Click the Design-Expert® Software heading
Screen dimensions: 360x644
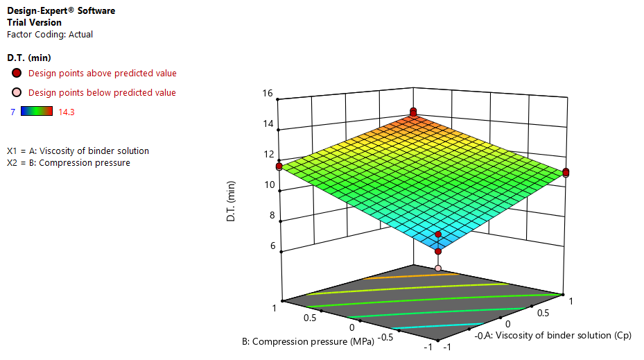click(61, 11)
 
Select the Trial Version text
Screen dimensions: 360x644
click(34, 22)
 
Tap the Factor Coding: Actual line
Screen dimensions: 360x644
click(49, 34)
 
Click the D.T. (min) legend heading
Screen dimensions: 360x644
click(28, 58)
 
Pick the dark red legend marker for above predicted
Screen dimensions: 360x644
click(17, 73)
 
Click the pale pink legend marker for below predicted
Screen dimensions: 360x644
click(17, 92)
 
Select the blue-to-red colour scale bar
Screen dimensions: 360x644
click(37, 110)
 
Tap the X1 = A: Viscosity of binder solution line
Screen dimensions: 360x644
click(78, 151)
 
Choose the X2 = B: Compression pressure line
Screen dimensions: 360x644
click(68, 162)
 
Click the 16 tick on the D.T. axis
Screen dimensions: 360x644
click(267, 94)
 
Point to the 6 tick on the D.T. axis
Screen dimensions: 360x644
click(269, 246)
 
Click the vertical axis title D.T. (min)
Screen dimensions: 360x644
click(232, 200)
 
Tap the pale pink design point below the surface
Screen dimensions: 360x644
click(438, 268)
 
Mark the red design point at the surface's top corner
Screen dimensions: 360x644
click(413, 112)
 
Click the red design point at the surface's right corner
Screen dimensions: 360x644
click(566, 172)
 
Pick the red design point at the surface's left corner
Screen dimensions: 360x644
click(279, 166)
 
